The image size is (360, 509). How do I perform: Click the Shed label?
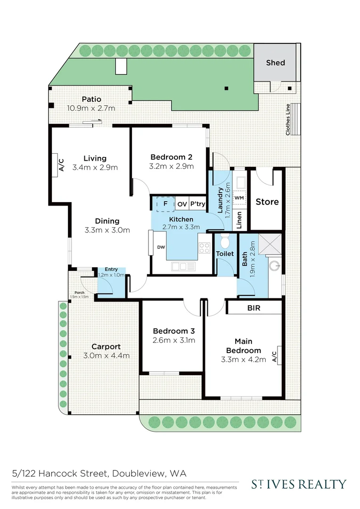click(275, 62)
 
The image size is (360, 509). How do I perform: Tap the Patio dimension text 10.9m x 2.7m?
click(91, 108)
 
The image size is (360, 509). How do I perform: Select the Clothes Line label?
click(288, 120)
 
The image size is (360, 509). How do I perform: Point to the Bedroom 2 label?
click(171, 157)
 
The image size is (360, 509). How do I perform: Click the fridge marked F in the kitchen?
click(165, 204)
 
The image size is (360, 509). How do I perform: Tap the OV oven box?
click(182, 205)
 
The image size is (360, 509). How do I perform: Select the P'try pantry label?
click(197, 205)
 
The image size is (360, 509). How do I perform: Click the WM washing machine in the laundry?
click(238, 197)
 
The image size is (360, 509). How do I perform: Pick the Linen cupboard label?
click(239, 220)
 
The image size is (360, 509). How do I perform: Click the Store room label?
click(267, 202)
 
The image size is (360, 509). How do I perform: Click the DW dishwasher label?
click(160, 247)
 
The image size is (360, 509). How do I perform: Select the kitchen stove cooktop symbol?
click(204, 247)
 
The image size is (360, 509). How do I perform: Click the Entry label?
click(111, 269)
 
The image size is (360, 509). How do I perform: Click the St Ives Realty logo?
click(298, 484)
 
